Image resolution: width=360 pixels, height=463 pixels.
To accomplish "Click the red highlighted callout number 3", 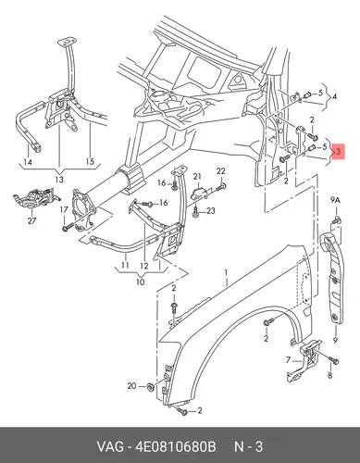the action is (x=339, y=152).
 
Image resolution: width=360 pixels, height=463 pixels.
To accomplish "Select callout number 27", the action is (x=31, y=220).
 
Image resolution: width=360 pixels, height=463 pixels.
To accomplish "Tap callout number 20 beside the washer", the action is (x=131, y=386).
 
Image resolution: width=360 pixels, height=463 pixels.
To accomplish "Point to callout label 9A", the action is (x=335, y=200).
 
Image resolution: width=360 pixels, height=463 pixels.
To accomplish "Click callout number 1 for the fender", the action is (x=226, y=272).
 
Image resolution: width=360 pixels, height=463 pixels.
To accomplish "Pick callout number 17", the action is (x=64, y=210).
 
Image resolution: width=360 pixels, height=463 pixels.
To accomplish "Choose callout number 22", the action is (x=221, y=171).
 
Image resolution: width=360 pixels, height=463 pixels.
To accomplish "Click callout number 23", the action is (x=211, y=211).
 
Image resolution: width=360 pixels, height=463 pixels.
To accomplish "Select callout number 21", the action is (x=197, y=177).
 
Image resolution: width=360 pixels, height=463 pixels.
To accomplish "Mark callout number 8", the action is (x=330, y=376).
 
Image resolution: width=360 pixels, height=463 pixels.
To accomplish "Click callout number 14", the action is (x=28, y=161).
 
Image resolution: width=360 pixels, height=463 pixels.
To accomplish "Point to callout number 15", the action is (x=90, y=161).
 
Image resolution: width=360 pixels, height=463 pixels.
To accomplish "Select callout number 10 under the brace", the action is (x=141, y=282).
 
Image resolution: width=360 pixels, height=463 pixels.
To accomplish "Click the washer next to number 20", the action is (x=151, y=386).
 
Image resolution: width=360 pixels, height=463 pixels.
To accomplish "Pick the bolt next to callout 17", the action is (x=68, y=228).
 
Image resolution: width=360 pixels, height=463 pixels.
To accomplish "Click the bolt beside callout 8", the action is (x=334, y=360).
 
